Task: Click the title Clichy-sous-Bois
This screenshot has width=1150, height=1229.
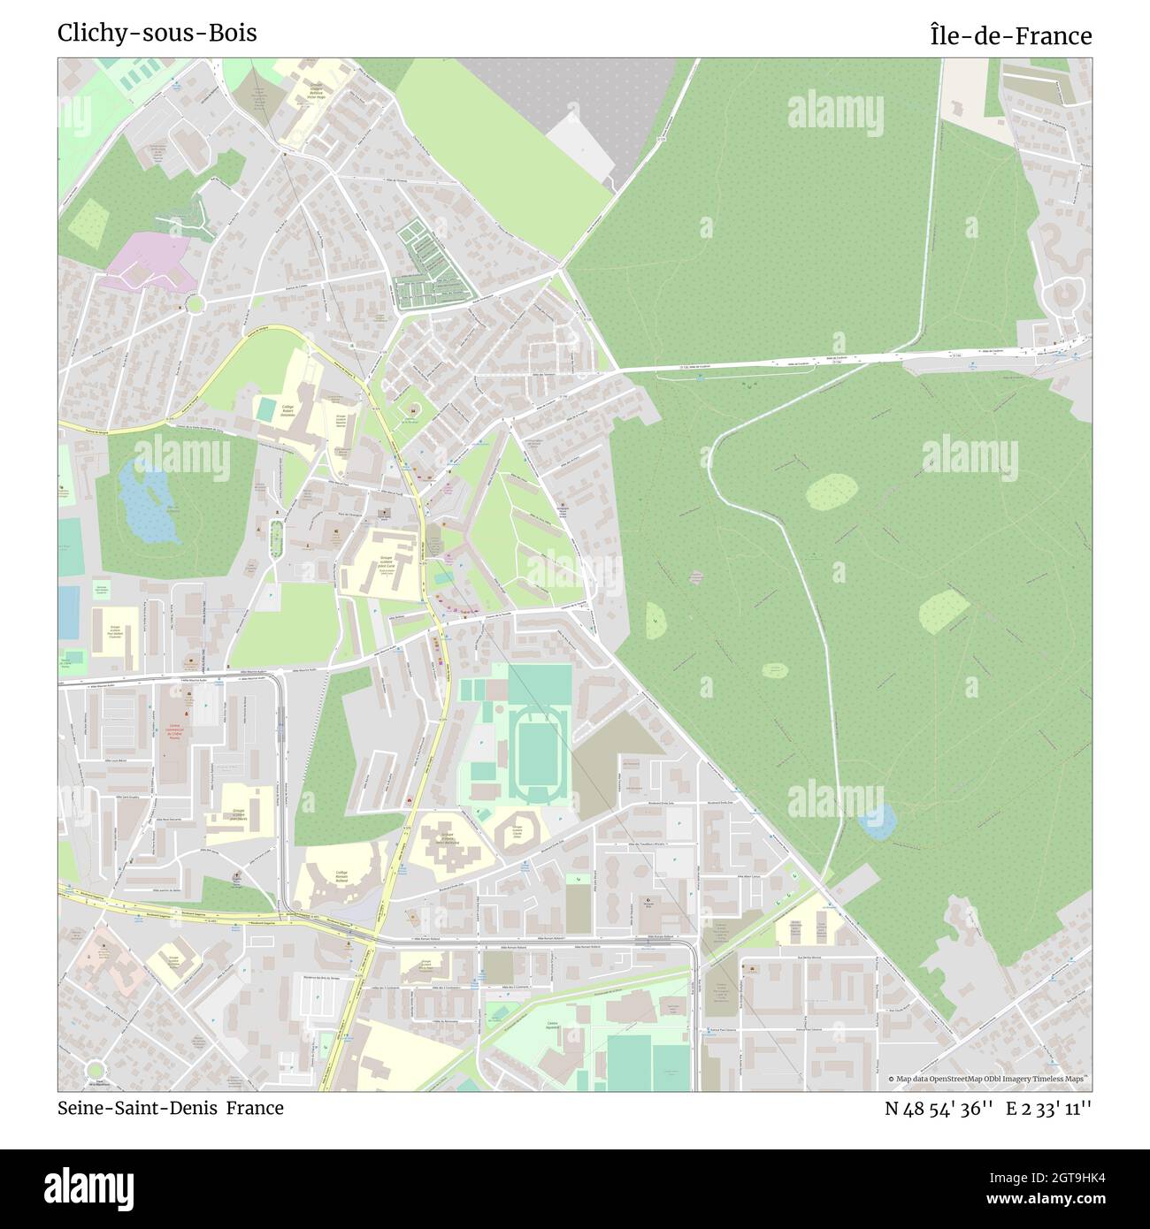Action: [157, 33]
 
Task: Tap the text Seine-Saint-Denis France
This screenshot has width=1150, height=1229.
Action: [171, 1108]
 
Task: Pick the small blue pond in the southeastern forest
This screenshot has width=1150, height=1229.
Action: [877, 821]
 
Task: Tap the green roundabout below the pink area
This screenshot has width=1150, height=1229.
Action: [194, 304]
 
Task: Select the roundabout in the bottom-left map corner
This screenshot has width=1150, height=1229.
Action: [95, 1071]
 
